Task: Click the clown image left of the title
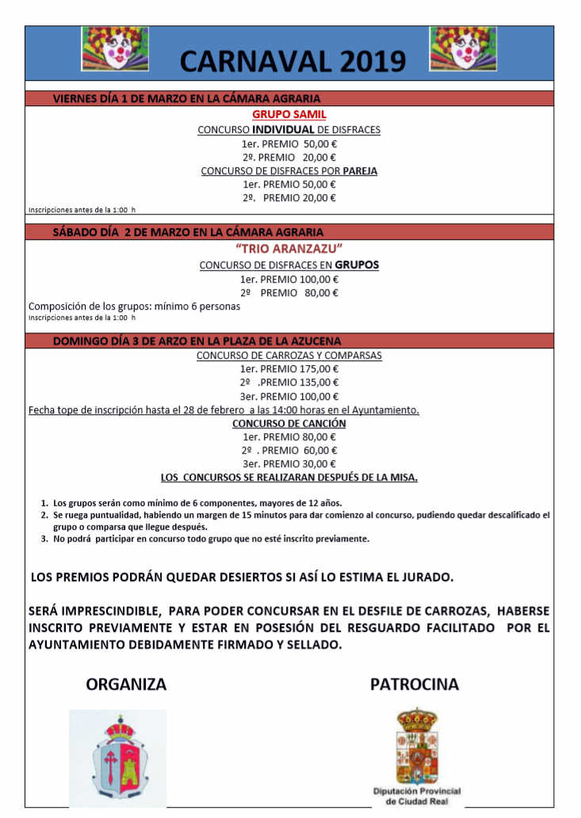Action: click(x=115, y=49)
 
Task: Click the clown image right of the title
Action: click(x=463, y=49)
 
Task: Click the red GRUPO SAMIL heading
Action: click(x=289, y=114)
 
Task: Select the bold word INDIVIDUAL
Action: click(x=283, y=129)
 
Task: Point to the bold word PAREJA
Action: click(x=360, y=170)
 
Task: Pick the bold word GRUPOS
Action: click(x=356, y=265)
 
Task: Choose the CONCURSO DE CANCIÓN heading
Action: click(x=289, y=424)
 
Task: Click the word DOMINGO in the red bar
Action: click(x=79, y=341)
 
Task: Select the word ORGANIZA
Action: click(x=127, y=684)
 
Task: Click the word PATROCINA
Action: click(x=415, y=684)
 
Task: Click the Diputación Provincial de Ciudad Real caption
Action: click(x=417, y=796)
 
